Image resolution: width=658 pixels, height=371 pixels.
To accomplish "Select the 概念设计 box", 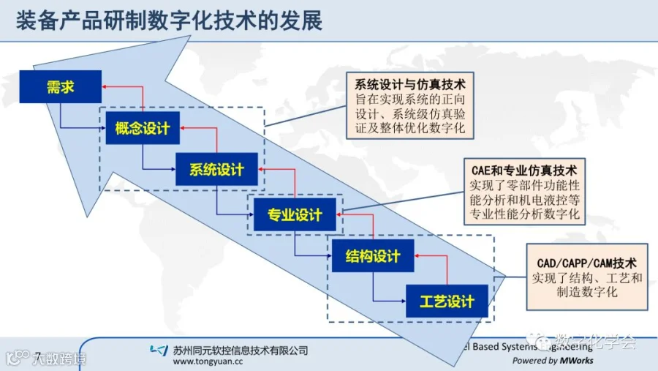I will [143, 129].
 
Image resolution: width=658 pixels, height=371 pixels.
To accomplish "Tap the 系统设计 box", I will [216, 170].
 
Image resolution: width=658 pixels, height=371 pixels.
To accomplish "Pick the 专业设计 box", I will [294, 214].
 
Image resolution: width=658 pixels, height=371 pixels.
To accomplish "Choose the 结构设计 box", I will [372, 256].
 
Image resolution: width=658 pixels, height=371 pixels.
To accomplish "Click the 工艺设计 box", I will [446, 301].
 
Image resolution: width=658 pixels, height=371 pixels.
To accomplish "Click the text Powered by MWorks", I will [552, 360].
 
